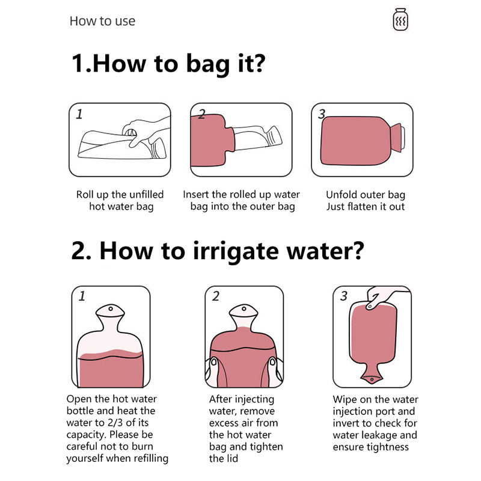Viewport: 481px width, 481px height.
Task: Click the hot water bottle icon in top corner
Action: pos(400,20)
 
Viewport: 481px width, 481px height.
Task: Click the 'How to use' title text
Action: pos(102,21)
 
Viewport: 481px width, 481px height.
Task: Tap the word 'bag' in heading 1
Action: pos(208,64)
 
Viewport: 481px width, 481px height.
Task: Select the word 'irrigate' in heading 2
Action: pos(236,251)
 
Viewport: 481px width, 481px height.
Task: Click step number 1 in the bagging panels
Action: pos(79,114)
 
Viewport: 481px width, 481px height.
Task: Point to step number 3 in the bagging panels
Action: pos(322,114)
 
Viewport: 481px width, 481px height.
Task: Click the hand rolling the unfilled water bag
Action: pos(144,132)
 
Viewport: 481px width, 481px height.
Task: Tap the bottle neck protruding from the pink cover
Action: pos(258,138)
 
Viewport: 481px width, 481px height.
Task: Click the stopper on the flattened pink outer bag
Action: pos(397,138)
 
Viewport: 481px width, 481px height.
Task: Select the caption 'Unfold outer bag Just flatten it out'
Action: pos(366,200)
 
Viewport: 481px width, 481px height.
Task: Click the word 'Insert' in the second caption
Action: pos(196,194)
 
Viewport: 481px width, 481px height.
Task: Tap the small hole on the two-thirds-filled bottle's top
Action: pos(111,308)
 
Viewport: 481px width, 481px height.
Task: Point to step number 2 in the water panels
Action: pos(216,296)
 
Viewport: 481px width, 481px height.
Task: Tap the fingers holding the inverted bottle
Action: pos(381,297)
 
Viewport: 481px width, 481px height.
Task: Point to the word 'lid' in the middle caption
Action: pos(231,459)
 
